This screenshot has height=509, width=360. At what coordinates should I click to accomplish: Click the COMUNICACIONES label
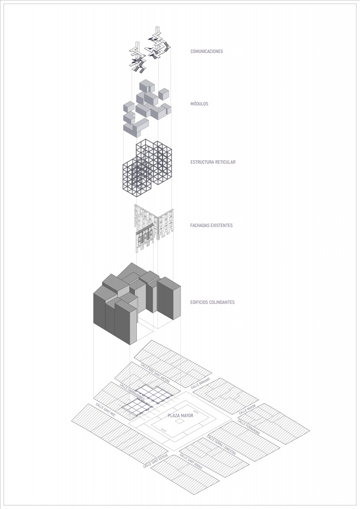(x=206, y=51)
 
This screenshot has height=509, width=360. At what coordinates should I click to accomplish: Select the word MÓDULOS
(x=199, y=104)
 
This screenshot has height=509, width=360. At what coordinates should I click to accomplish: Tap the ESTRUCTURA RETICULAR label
(x=213, y=162)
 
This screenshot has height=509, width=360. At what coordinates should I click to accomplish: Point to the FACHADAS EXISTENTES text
(x=211, y=225)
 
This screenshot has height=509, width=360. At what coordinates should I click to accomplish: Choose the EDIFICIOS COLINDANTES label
(x=212, y=302)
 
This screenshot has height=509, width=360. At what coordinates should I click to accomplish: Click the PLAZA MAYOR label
(x=181, y=416)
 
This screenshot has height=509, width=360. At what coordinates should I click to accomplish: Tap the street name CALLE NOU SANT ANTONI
(x=155, y=373)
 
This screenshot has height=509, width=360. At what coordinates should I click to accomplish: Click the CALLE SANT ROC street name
(x=105, y=410)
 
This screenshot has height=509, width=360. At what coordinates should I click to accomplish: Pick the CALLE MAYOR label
(x=247, y=409)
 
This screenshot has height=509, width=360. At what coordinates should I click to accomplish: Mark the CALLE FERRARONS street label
(x=249, y=427)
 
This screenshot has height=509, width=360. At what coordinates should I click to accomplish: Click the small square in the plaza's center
(x=179, y=422)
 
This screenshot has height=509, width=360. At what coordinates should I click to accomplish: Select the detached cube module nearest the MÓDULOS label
(x=164, y=94)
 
